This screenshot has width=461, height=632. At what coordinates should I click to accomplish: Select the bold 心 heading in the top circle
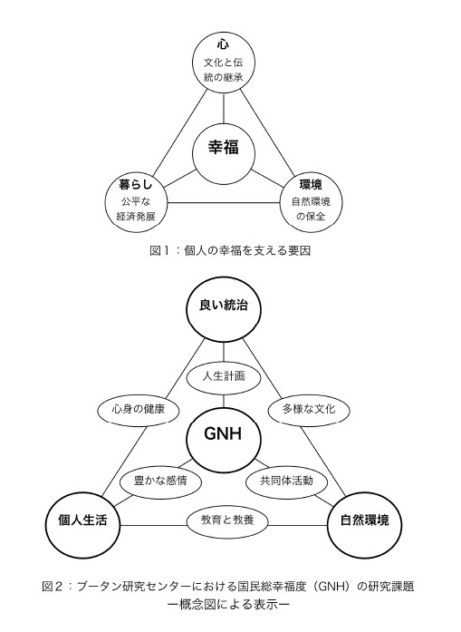(224, 44)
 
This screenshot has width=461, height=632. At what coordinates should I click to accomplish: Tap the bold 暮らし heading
(136, 185)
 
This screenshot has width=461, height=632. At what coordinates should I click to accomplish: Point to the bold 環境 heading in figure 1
(311, 185)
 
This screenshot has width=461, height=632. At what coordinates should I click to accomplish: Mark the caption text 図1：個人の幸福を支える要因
(230, 251)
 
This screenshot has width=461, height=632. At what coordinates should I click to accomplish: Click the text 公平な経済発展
(136, 209)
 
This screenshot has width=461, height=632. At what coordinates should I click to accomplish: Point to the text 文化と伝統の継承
(224, 70)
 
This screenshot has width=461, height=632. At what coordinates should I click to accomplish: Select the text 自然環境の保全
(311, 209)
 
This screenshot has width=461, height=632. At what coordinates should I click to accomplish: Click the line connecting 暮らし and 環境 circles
(224, 202)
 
